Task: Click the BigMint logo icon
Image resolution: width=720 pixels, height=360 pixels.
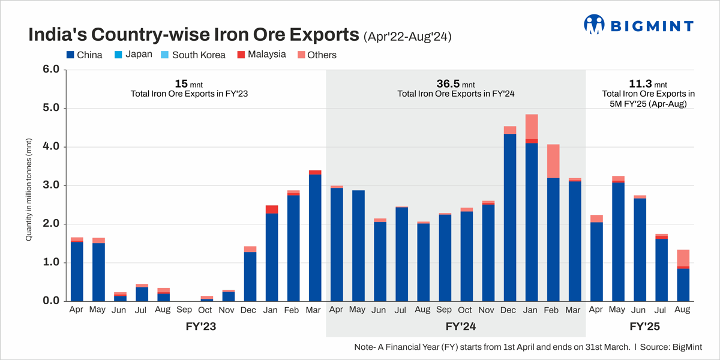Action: pos(594,25)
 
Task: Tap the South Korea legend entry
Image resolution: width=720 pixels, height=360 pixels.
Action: pos(193,55)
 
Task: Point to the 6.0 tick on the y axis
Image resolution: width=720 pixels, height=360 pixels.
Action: pos(52,70)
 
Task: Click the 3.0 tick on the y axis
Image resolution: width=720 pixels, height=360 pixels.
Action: pos(52,185)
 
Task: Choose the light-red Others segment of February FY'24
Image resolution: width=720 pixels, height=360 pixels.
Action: pos(552,161)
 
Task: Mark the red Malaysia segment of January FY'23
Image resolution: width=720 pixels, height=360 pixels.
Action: pos(272,209)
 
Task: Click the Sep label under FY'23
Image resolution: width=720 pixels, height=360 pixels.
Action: pos(184,310)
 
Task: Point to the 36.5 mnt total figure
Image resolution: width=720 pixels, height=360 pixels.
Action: pos(455,83)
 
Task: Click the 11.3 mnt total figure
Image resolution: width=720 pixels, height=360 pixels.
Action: pos(648,83)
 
